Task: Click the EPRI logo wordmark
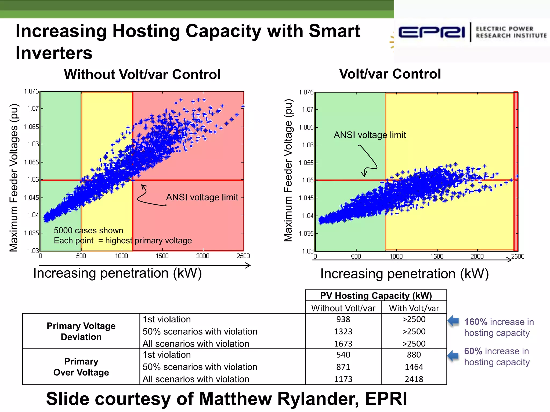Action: (x=431, y=33)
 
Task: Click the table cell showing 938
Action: (x=343, y=319)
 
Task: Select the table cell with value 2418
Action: (x=414, y=379)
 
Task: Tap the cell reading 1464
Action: (x=414, y=367)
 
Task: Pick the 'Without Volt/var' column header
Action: (x=343, y=308)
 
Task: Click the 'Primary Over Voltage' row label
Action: (x=81, y=367)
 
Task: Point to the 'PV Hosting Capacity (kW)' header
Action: (x=376, y=296)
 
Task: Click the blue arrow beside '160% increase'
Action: (x=454, y=321)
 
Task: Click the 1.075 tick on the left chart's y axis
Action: (x=31, y=91)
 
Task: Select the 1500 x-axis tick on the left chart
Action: (x=162, y=256)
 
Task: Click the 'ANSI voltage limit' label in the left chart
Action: (x=202, y=197)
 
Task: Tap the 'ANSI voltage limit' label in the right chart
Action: (x=370, y=135)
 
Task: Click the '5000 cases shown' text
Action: (x=88, y=230)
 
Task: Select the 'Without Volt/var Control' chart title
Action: (x=142, y=74)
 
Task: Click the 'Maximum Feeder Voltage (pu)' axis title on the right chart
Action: (x=288, y=170)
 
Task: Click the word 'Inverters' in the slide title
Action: (x=54, y=53)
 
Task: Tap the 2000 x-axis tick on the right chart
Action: (x=477, y=256)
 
